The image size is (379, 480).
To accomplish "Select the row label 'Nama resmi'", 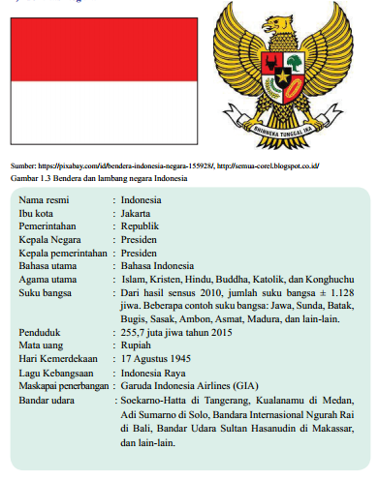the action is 43,198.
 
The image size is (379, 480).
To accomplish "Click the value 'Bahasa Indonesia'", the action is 159,265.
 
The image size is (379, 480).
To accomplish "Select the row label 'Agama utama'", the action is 48,279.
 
